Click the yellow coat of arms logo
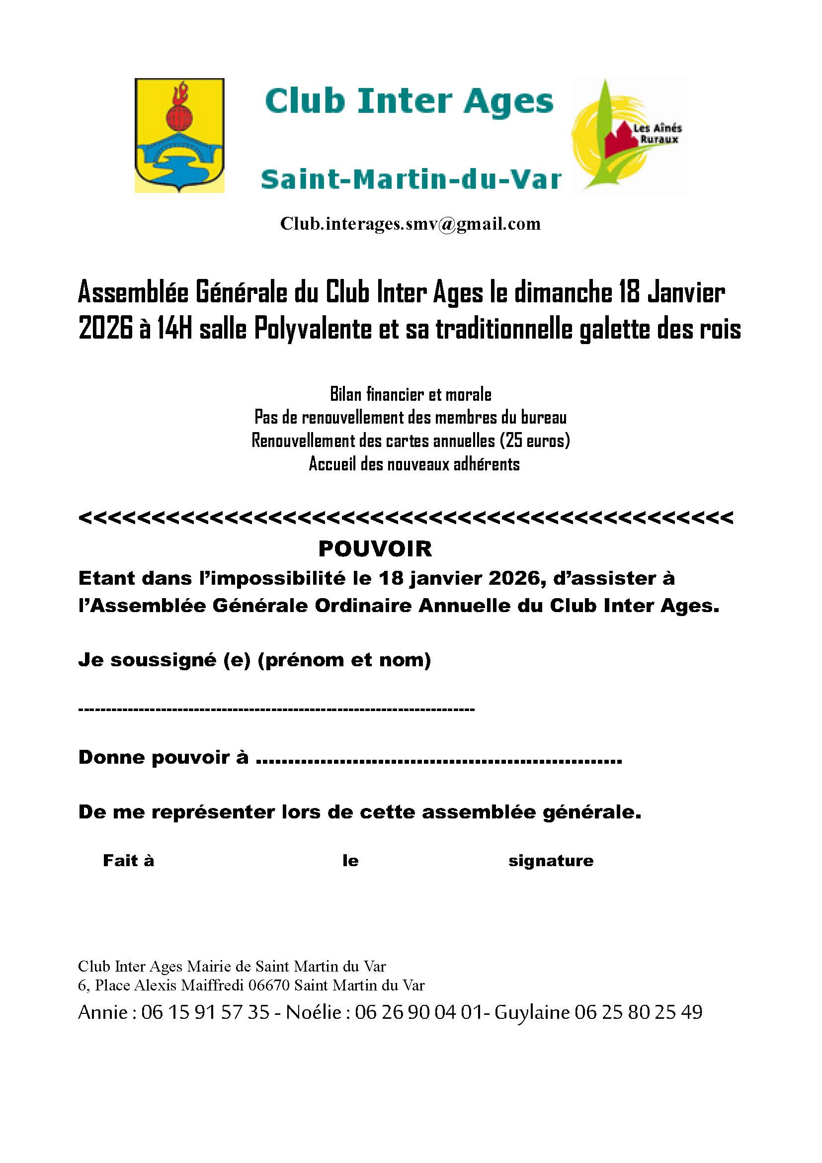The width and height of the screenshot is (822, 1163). [179, 135]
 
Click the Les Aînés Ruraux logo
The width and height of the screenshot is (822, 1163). [629, 135]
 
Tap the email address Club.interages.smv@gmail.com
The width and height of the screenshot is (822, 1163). [411, 224]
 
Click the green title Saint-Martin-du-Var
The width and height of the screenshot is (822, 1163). [411, 180]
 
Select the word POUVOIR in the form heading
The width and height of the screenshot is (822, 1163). [375, 548]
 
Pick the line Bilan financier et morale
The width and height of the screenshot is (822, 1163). [411, 394]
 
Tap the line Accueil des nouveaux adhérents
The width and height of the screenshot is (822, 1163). [414, 464]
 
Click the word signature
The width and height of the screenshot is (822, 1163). [551, 861]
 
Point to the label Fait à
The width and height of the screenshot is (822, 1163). [128, 861]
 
